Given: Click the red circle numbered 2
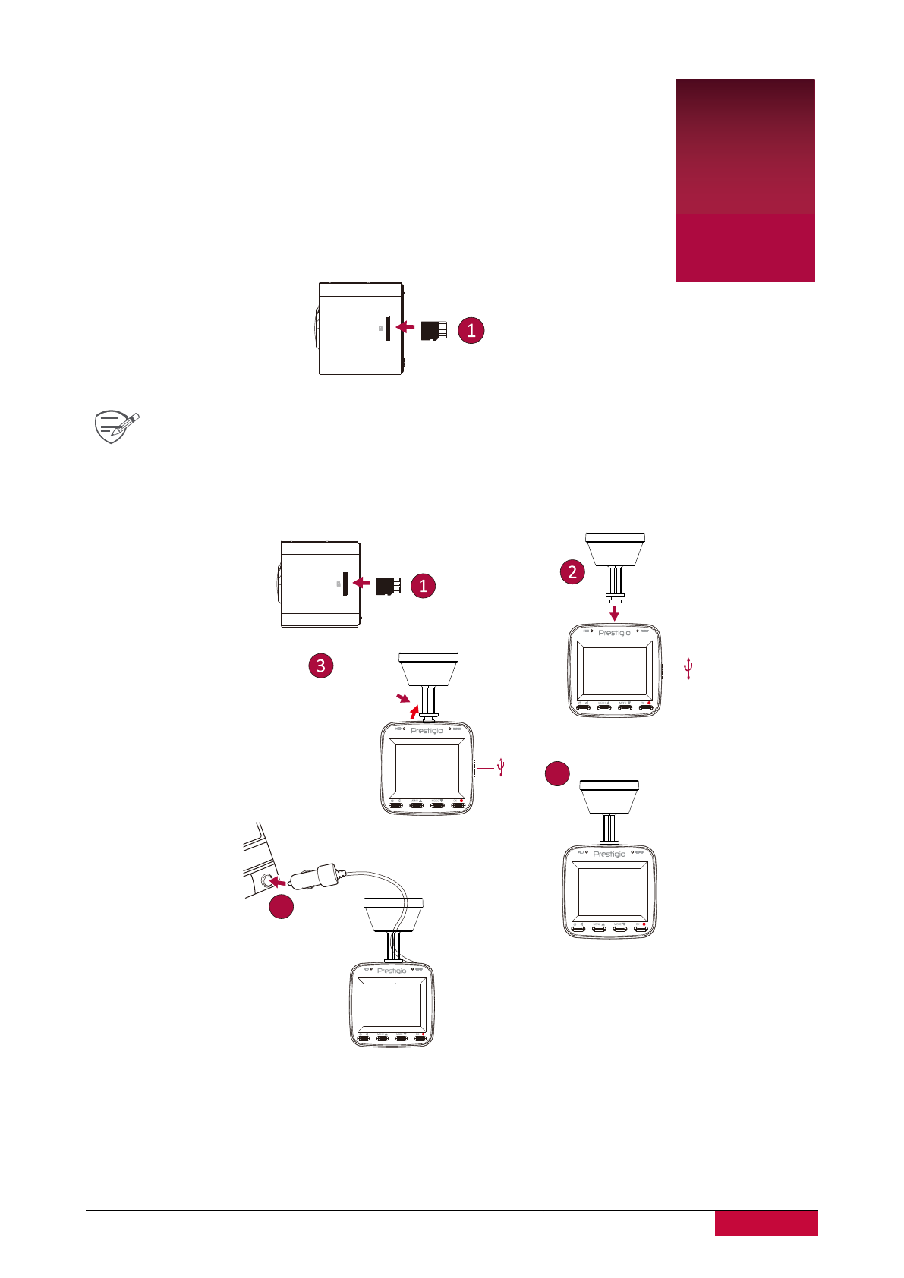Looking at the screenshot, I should tap(572, 571).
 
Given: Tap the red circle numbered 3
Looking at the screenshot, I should tap(321, 666).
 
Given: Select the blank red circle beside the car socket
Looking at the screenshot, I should tap(282, 906).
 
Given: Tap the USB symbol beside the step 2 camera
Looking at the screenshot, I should tap(688, 669).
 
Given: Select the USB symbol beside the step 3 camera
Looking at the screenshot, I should tap(501, 767).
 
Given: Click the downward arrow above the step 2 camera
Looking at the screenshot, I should tap(615, 612).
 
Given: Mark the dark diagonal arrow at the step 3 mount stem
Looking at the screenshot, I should tap(402, 697).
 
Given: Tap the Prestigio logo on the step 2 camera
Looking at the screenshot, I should tap(614, 633).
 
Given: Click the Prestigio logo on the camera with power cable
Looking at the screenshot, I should tap(392, 971).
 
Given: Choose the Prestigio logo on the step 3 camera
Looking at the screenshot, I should tap(427, 731).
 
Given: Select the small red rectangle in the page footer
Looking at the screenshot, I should tap(766, 1223).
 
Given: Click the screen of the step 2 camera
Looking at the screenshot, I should tap(614, 670).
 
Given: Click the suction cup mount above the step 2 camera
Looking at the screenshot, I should tap(615, 550).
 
